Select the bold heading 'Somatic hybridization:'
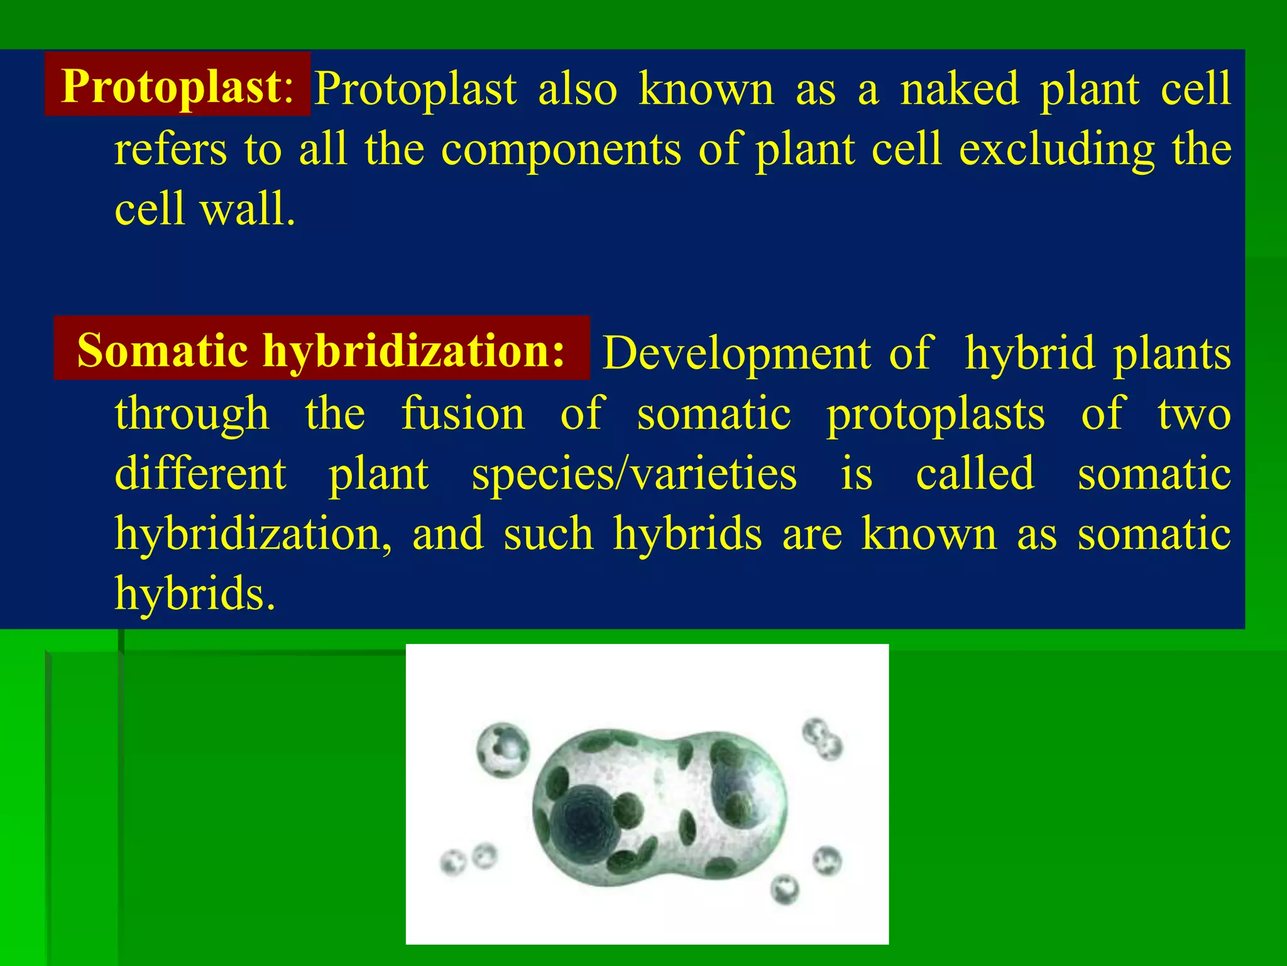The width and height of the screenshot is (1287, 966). pyautogui.click(x=320, y=350)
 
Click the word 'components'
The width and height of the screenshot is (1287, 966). pyautogui.click(x=561, y=150)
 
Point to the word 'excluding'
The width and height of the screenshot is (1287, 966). pyautogui.click(x=1056, y=150)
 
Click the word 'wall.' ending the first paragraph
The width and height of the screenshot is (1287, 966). pyautogui.click(x=248, y=209)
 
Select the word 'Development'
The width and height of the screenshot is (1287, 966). pyautogui.click(x=736, y=353)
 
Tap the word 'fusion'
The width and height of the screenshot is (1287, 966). pyautogui.click(x=463, y=413)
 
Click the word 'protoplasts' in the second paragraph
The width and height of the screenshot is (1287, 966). pyautogui.click(x=935, y=414)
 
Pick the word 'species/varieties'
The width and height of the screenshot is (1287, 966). pyautogui.click(x=634, y=474)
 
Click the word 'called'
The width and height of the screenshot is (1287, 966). pyautogui.click(x=975, y=473)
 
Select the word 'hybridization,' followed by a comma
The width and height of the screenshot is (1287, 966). pyautogui.click(x=253, y=534)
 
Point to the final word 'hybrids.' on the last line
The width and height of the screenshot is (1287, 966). pyautogui.click(x=195, y=593)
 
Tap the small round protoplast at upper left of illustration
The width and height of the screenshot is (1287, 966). pyautogui.click(x=503, y=750)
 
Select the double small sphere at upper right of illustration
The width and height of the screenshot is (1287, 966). pyautogui.click(x=822, y=738)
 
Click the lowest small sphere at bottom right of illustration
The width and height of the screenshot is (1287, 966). pyautogui.click(x=784, y=889)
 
